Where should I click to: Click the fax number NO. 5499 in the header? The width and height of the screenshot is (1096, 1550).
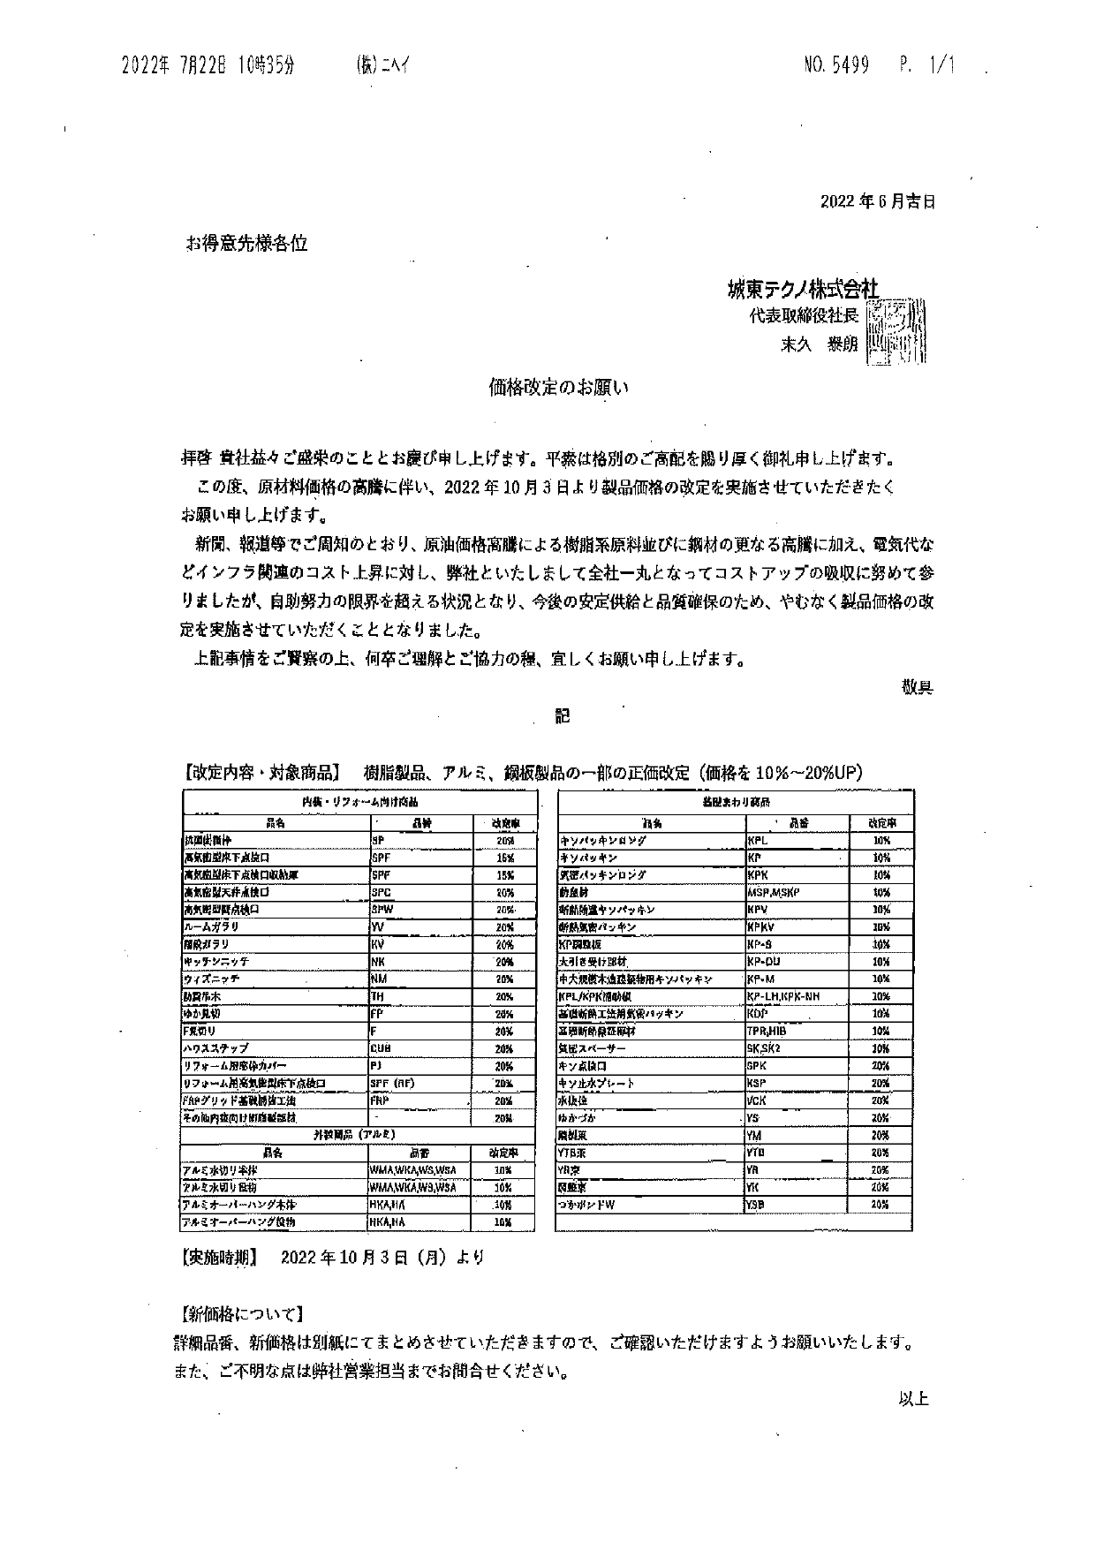[x=836, y=64]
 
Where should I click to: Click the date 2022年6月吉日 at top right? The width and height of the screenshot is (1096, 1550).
[x=877, y=200]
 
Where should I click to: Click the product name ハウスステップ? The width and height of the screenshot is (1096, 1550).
[x=217, y=1048]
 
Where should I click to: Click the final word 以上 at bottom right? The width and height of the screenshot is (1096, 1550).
[x=913, y=1398]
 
